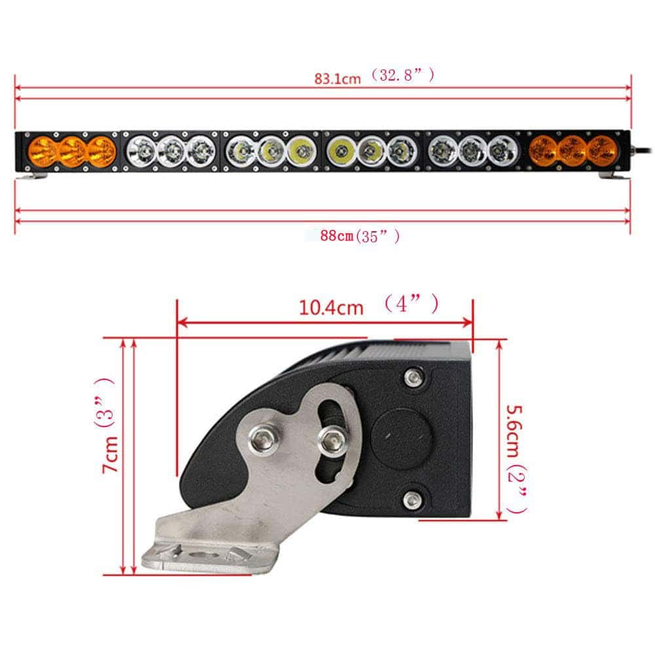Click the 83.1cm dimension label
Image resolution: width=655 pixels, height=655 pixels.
tap(337, 78)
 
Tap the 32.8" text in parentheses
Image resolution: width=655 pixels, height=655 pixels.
tap(401, 76)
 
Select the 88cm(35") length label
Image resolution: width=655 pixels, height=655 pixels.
tap(360, 236)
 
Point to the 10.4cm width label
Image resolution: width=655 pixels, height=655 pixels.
tap(331, 307)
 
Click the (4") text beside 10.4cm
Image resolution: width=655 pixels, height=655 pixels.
tap(411, 305)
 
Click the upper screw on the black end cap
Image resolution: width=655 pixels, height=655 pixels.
tap(413, 377)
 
